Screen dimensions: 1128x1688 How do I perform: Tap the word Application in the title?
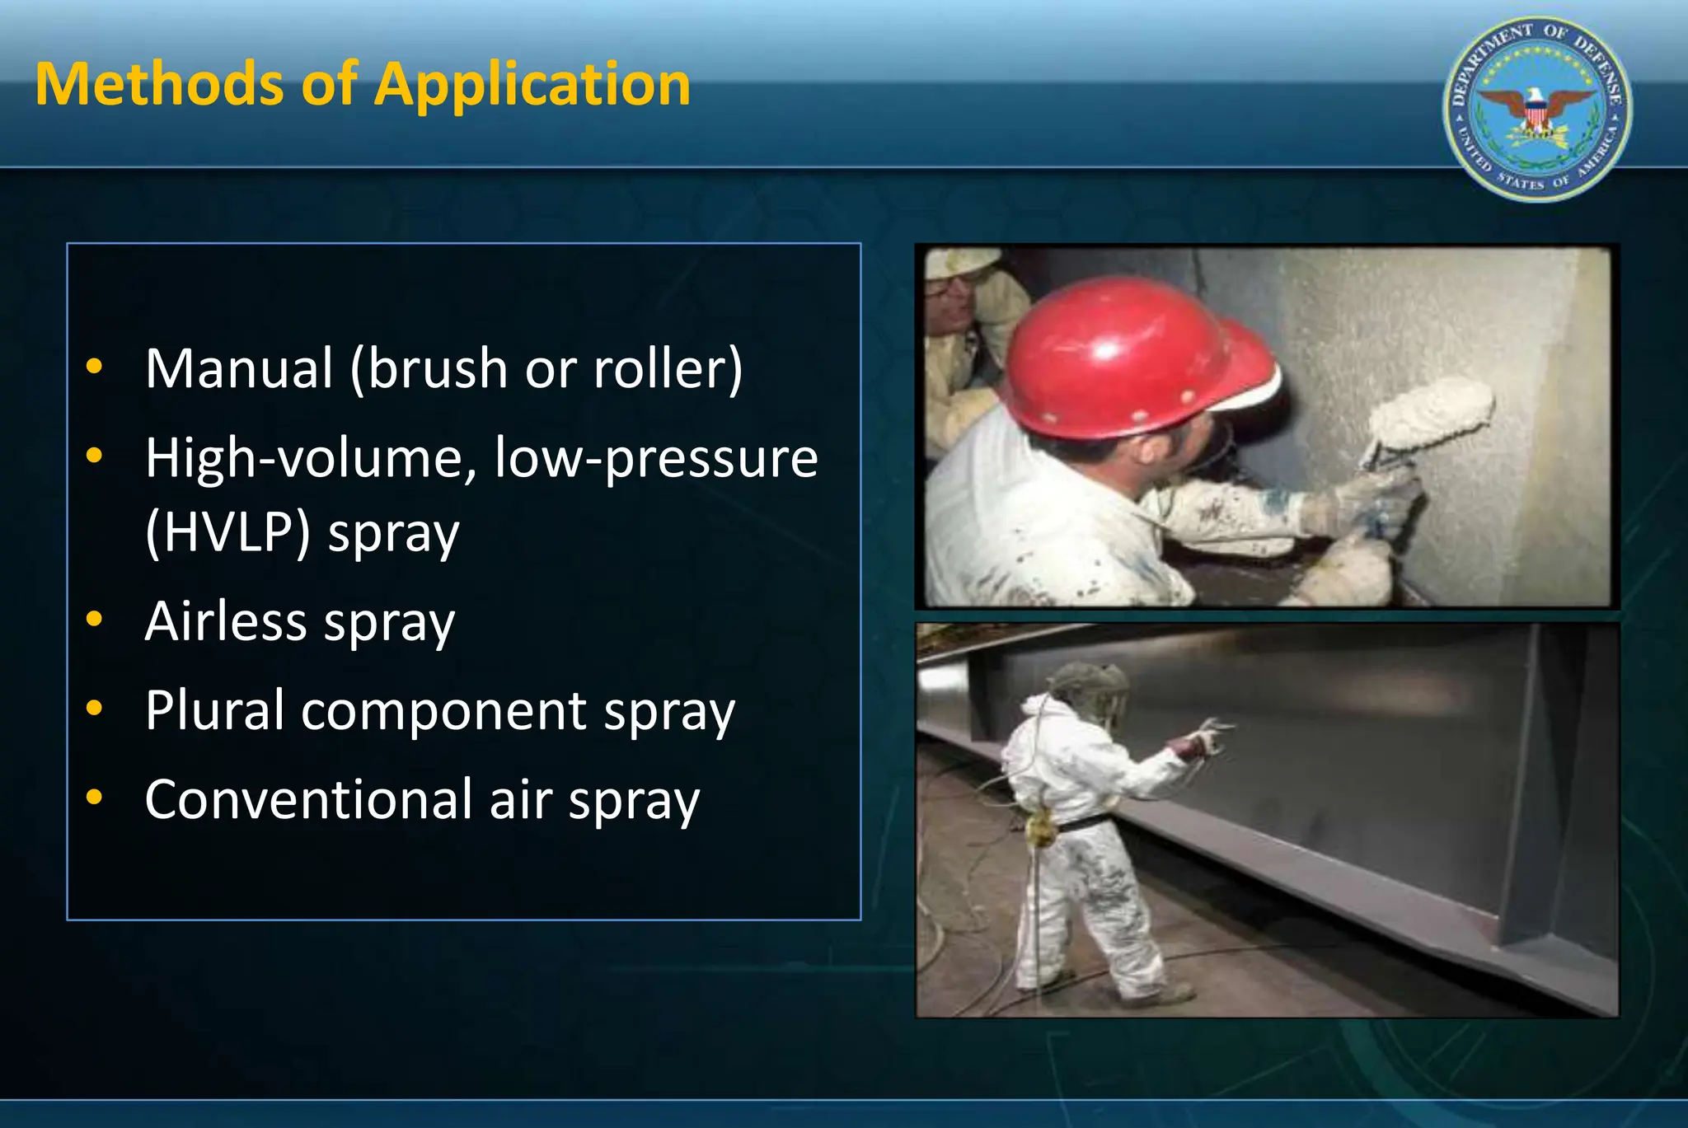pos(532,86)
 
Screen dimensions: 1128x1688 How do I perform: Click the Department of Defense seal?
pos(1537,109)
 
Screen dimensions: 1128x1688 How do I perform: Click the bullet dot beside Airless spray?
pos(95,619)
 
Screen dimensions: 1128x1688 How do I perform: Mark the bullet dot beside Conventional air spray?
pos(95,797)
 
